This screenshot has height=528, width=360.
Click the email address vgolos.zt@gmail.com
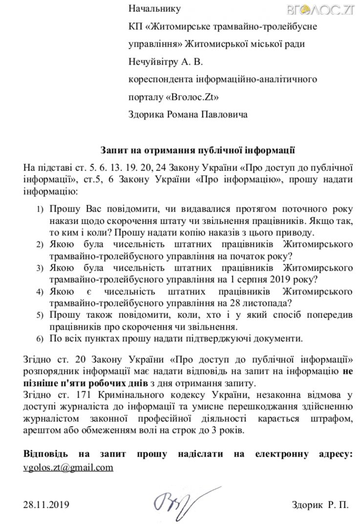tap(68, 467)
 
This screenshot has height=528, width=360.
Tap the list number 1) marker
tap(41, 210)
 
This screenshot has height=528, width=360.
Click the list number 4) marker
tap(41, 292)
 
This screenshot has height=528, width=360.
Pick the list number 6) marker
tap(41, 339)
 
